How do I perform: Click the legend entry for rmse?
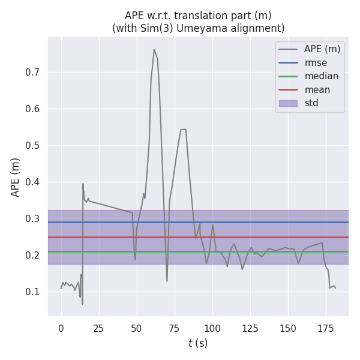[316, 62]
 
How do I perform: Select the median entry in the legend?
[321, 76]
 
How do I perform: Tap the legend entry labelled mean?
[317, 90]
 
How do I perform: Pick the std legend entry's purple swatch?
[289, 103]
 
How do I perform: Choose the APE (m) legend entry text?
[323, 49]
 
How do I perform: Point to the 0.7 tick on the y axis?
[32, 73]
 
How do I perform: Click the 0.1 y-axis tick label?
[32, 292]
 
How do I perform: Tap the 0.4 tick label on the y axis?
[32, 182]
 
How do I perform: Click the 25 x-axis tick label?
[99, 328]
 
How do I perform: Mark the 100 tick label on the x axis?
[212, 328]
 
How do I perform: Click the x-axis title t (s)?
[198, 343]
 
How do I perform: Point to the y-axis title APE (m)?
[16, 177]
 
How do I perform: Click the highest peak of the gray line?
[154, 50]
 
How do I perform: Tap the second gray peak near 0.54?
[183, 129]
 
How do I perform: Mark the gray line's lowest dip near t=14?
[82, 304]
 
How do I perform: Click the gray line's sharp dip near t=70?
[167, 281]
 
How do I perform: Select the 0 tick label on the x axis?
[61, 328]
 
